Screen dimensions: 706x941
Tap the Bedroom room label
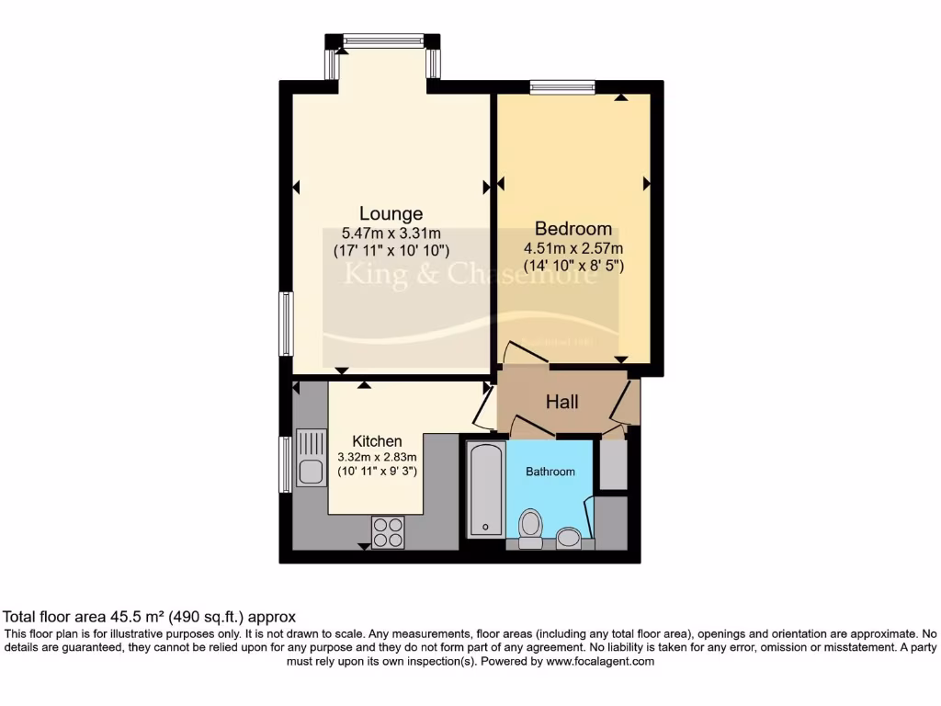tap(573, 229)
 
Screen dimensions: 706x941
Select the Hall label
tap(562, 402)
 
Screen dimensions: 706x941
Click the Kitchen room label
tap(377, 441)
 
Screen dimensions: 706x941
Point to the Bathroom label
tap(550, 472)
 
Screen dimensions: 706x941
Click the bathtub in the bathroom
tap(484, 489)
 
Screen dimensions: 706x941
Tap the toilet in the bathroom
tap(530, 528)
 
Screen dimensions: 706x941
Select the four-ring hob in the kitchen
tap(388, 530)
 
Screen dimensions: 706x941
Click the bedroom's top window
tap(562, 87)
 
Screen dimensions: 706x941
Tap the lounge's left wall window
tap(286, 323)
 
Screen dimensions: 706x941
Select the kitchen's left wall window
tap(286, 464)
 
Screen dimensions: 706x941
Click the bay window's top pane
tap(383, 40)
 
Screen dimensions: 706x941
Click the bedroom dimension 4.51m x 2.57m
tap(573, 248)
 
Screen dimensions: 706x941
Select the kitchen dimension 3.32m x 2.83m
tap(377, 457)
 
